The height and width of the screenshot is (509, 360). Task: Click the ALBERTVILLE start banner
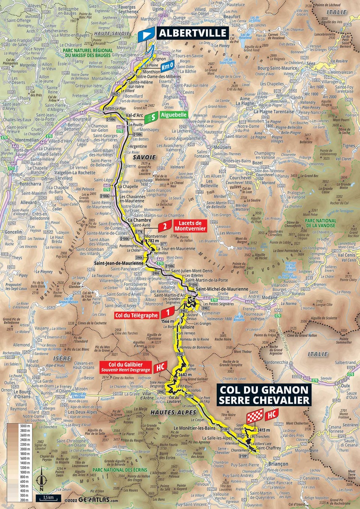coord(192,33)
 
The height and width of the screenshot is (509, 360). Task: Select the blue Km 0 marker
coord(167,66)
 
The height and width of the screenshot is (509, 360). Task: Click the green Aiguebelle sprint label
coord(174,115)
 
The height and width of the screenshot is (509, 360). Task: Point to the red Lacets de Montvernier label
coord(190,226)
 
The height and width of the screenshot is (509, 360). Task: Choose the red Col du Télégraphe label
coord(136,315)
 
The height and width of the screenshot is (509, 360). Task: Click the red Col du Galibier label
coord(126,367)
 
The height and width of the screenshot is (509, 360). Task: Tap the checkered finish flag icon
coord(255,417)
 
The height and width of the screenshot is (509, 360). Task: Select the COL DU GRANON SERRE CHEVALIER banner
coord(264,395)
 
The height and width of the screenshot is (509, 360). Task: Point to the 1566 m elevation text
coord(168,321)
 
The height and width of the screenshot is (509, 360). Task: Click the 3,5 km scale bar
coord(48,498)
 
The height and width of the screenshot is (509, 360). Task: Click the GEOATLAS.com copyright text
coord(92,500)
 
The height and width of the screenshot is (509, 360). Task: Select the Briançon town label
coord(278,464)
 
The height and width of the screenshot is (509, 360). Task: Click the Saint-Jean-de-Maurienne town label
coord(118,263)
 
